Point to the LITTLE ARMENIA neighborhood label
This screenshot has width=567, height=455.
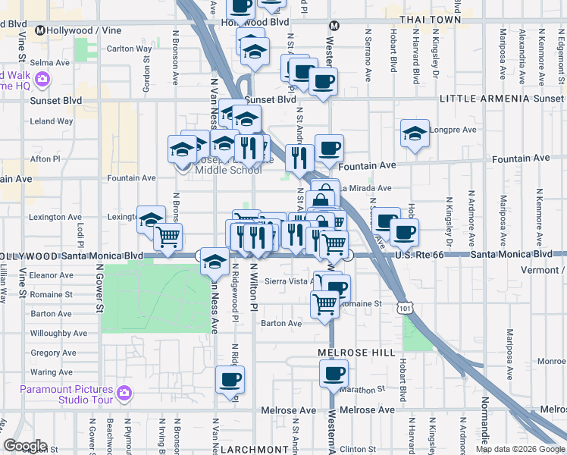click(474, 99)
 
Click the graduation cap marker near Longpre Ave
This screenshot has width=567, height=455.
click(415, 133)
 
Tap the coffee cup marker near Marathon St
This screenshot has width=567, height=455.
click(334, 373)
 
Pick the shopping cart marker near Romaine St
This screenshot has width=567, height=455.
click(325, 303)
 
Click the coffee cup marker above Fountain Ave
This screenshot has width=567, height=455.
click(329, 148)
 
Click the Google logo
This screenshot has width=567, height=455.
click(24, 446)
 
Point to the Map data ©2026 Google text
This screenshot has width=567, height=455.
click(520, 449)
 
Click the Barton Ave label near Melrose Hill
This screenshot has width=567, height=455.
click(281, 323)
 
